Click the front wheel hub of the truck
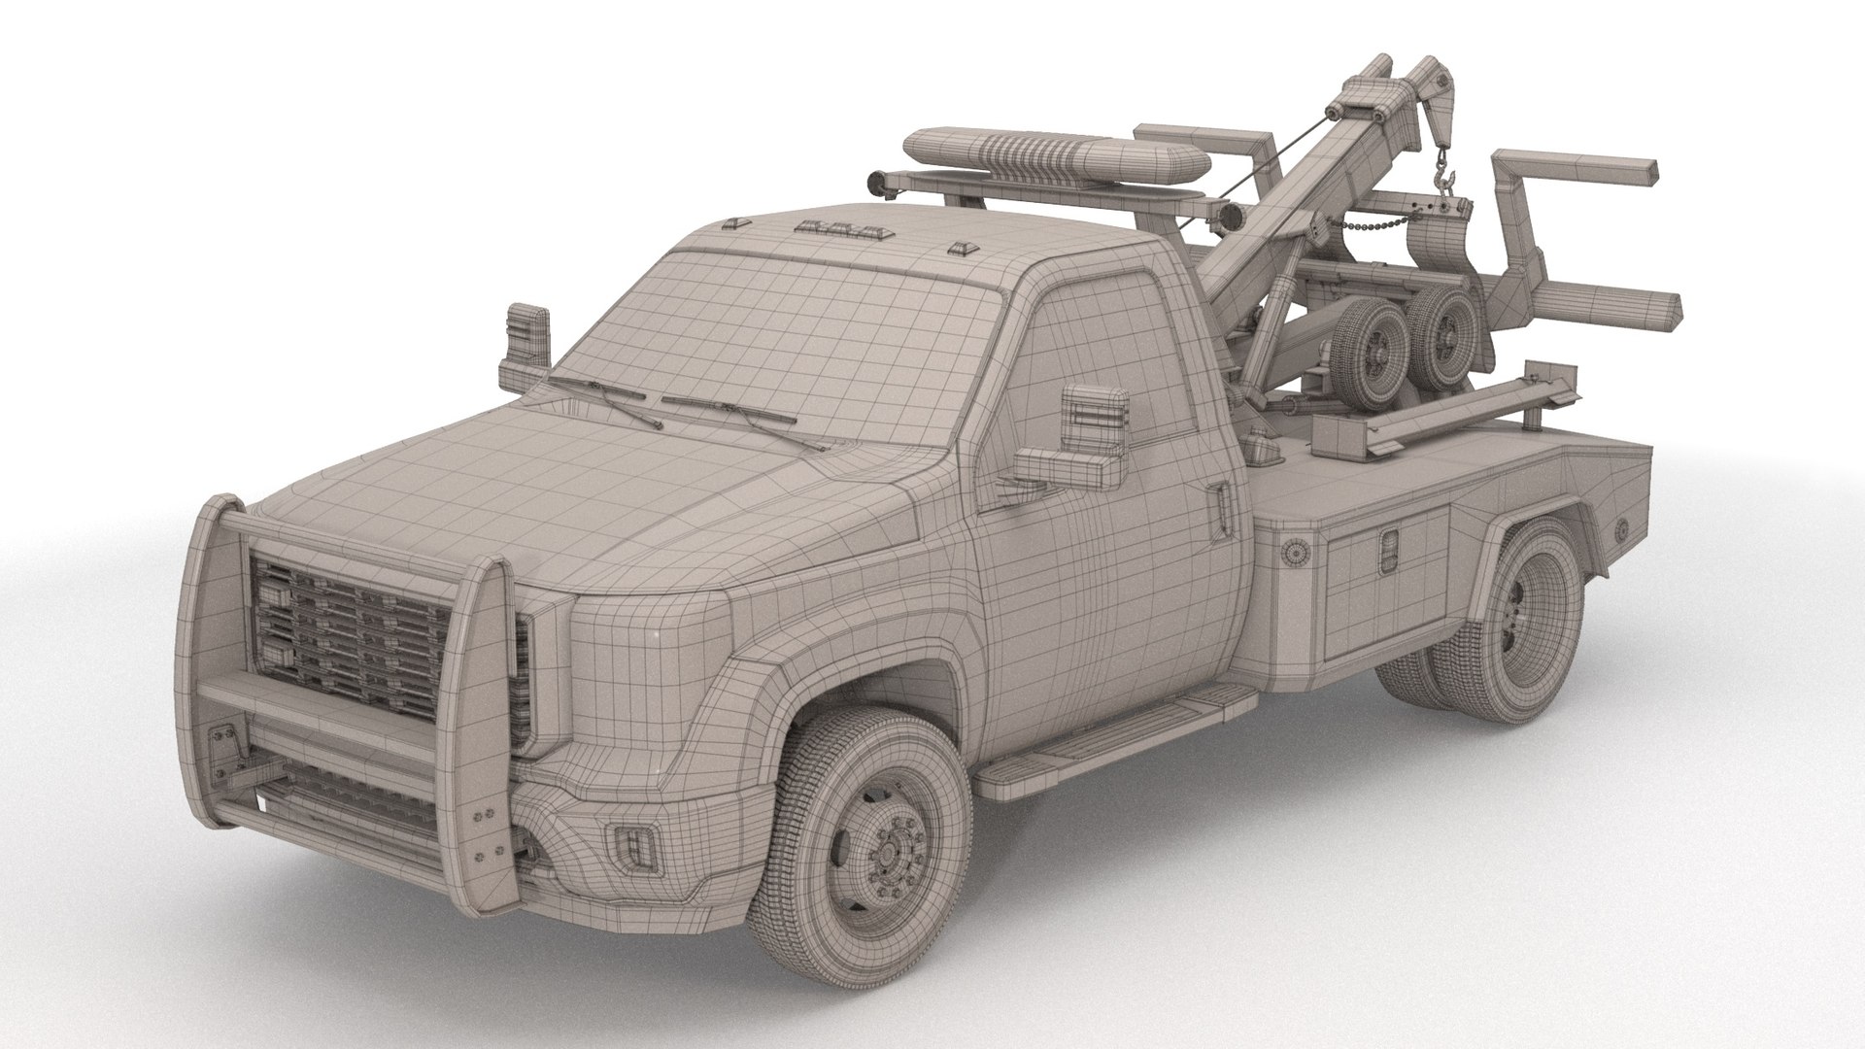887,854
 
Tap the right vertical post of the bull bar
493,699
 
